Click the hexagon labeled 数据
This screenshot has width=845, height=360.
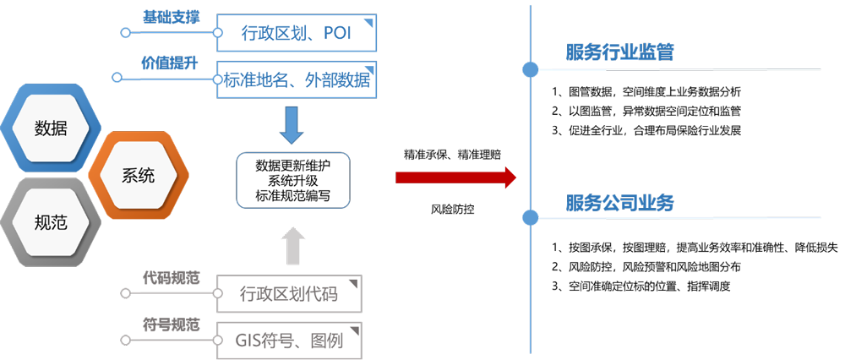tap(51, 128)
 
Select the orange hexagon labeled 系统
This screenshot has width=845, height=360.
tap(139, 176)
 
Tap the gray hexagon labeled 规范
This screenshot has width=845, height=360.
tap(51, 223)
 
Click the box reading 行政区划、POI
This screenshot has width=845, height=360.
tap(296, 34)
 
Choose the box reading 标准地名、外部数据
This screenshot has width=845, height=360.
tap(296, 80)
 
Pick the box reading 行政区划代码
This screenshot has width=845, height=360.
tap(289, 294)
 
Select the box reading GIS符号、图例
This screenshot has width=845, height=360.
tap(289, 341)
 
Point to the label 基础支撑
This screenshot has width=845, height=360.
tap(172, 17)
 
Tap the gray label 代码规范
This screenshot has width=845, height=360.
tap(172, 277)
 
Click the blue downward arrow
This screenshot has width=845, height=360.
tap(292, 124)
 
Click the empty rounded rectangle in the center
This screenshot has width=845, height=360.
tap(292, 180)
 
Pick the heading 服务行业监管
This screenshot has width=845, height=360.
tap(619, 52)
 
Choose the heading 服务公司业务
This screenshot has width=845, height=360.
tap(619, 203)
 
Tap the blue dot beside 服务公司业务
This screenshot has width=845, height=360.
tap(530, 218)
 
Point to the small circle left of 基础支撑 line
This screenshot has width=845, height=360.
tap(125, 33)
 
